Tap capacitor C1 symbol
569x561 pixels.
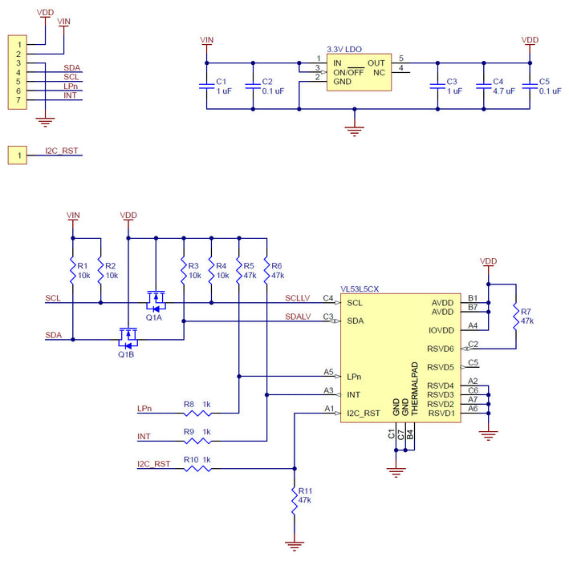click(x=208, y=87)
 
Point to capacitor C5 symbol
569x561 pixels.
click(x=529, y=87)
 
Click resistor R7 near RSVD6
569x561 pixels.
click(x=515, y=316)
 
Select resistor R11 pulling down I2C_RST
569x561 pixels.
click(x=295, y=495)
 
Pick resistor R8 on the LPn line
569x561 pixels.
click(x=197, y=413)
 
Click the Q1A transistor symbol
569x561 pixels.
click(x=156, y=301)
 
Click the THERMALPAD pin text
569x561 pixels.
click(x=415, y=392)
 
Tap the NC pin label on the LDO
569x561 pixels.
click(x=379, y=71)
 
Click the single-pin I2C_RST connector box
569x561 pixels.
click(x=18, y=155)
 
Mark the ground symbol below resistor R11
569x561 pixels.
click(x=295, y=546)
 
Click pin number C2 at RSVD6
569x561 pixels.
click(x=473, y=345)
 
